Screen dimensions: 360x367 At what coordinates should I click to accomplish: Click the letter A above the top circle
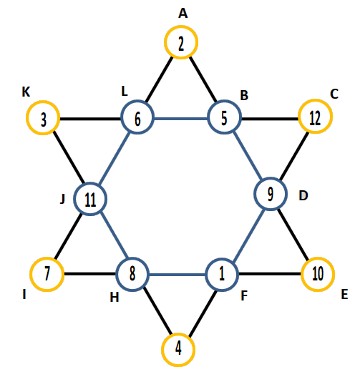point(183,14)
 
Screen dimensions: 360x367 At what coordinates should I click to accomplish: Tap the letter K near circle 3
point(26,92)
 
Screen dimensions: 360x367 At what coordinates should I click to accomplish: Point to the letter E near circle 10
point(344,294)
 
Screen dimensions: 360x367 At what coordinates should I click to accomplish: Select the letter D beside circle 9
point(303,196)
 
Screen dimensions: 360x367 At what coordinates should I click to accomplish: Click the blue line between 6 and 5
point(181,118)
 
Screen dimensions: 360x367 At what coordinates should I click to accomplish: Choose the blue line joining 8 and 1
point(177,275)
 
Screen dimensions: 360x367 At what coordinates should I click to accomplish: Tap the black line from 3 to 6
point(90,118)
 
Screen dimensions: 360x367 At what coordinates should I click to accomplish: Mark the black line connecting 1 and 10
point(270,274)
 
